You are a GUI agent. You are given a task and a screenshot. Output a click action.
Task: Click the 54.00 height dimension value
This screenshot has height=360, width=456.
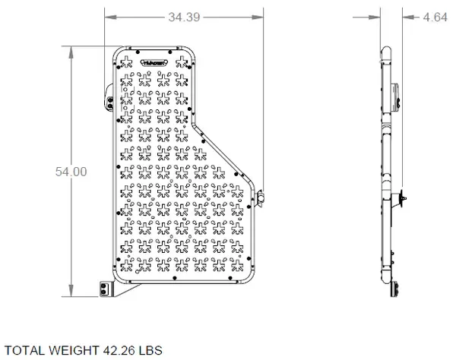coord(71,172)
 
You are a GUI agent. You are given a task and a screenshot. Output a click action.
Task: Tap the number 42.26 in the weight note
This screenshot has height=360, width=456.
coord(118,350)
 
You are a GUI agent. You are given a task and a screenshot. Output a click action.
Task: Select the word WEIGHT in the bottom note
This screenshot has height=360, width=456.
coord(73,350)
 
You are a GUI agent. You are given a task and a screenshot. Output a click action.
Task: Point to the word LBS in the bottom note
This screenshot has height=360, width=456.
coord(150,350)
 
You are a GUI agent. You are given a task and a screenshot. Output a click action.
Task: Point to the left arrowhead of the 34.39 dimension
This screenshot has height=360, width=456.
coord(106,16)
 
